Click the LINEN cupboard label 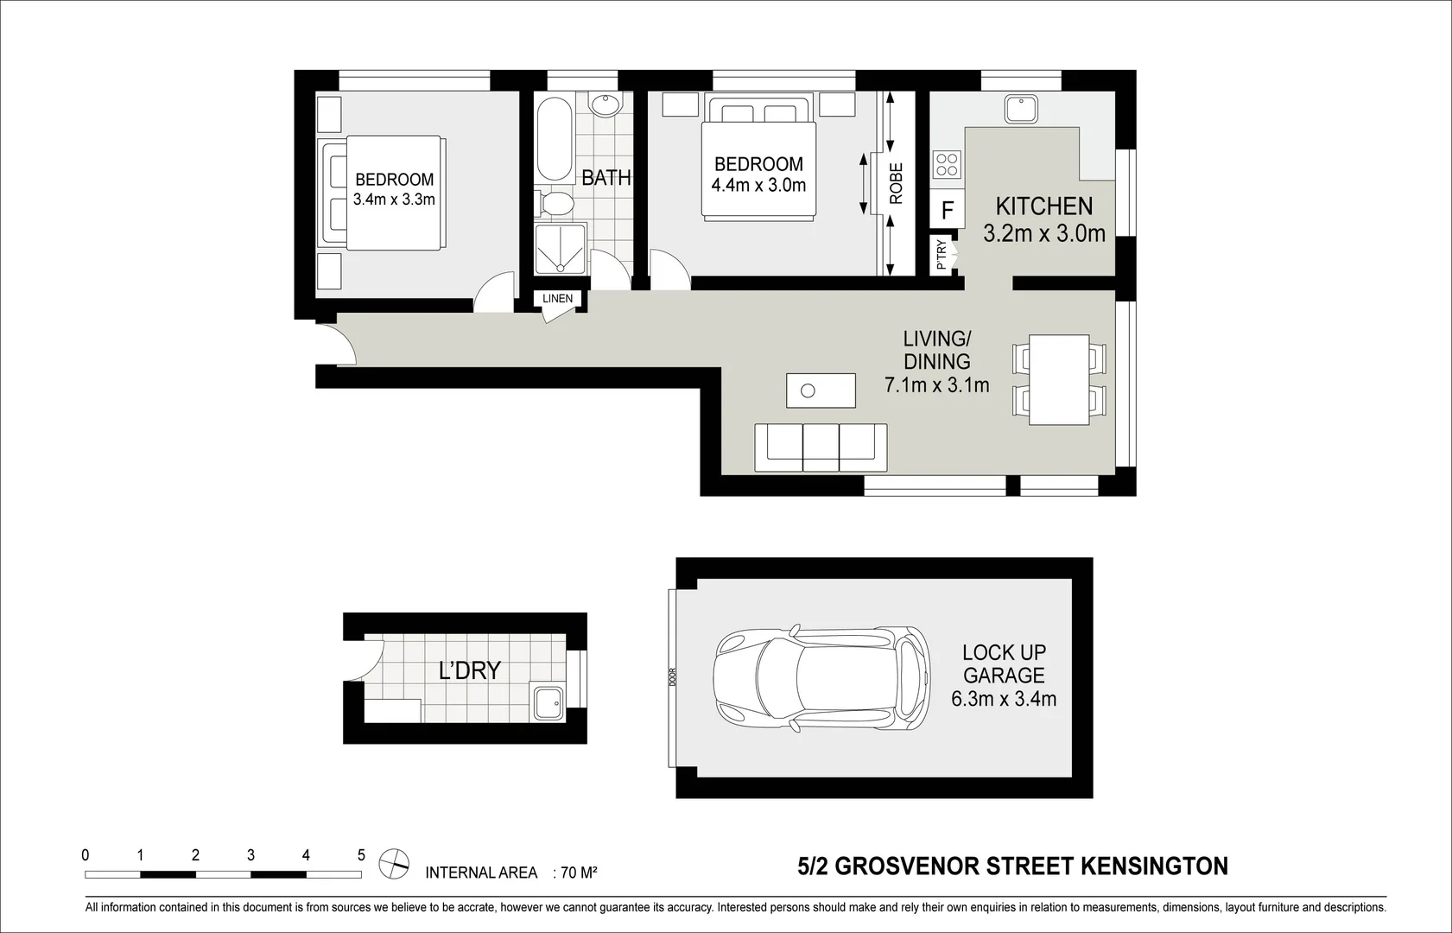(557, 299)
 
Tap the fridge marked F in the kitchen (948, 210)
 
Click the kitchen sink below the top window (1021, 111)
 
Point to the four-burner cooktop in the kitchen (948, 164)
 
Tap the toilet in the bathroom (556, 204)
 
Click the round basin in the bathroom (605, 104)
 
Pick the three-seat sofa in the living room (821, 447)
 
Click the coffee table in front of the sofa (821, 390)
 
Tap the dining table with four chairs (1058, 379)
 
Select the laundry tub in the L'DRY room (547, 702)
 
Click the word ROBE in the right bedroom (896, 183)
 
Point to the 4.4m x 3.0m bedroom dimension (758, 185)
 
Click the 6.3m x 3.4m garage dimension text (1004, 699)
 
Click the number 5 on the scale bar (361, 855)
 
